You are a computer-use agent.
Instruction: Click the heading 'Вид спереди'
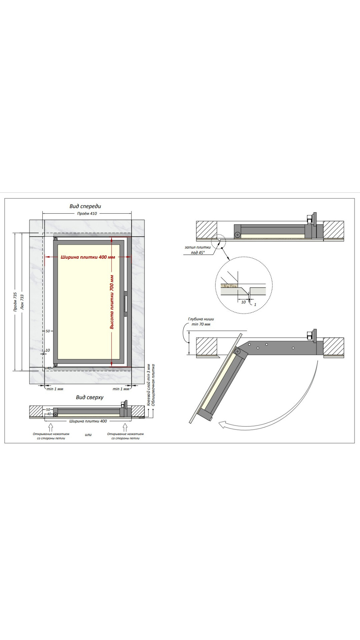[x=85, y=206]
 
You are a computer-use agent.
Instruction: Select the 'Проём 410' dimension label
[x=87, y=214]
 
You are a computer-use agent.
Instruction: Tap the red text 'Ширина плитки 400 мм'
[x=88, y=257]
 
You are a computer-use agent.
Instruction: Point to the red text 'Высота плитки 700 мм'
[x=112, y=302]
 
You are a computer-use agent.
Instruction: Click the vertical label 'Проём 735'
[x=15, y=302]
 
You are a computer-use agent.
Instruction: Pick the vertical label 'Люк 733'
[x=22, y=302]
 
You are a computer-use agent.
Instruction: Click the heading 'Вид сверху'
[x=90, y=397]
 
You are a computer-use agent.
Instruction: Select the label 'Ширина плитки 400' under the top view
[x=88, y=421]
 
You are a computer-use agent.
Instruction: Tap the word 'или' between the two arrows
[x=88, y=435]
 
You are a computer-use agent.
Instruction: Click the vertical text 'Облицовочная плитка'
[x=153, y=385]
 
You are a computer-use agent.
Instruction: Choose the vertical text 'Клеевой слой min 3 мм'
[x=148, y=385]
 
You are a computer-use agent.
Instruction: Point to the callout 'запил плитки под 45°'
[x=198, y=250]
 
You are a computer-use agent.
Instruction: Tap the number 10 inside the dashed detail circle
[x=243, y=302]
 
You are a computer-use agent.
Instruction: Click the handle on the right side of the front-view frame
[x=126, y=304]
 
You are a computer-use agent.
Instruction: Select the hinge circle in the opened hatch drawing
[x=237, y=351]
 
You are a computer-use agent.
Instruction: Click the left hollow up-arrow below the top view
[x=51, y=427]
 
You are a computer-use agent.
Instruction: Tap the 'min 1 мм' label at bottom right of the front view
[x=121, y=389]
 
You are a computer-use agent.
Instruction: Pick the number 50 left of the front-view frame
[x=48, y=331]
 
